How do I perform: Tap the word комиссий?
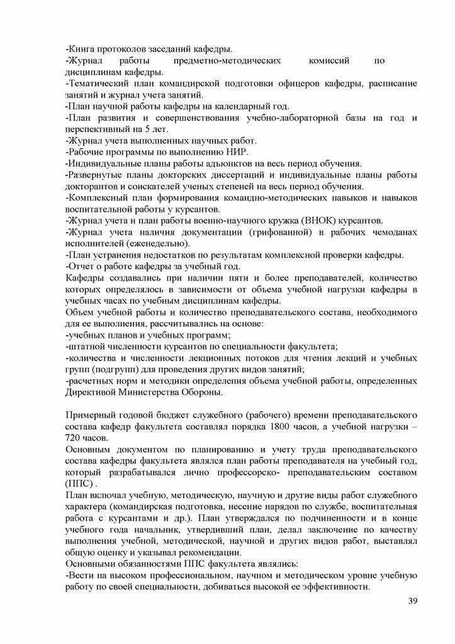point(330,60)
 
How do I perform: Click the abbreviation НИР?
point(235,152)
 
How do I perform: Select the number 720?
point(74,439)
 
